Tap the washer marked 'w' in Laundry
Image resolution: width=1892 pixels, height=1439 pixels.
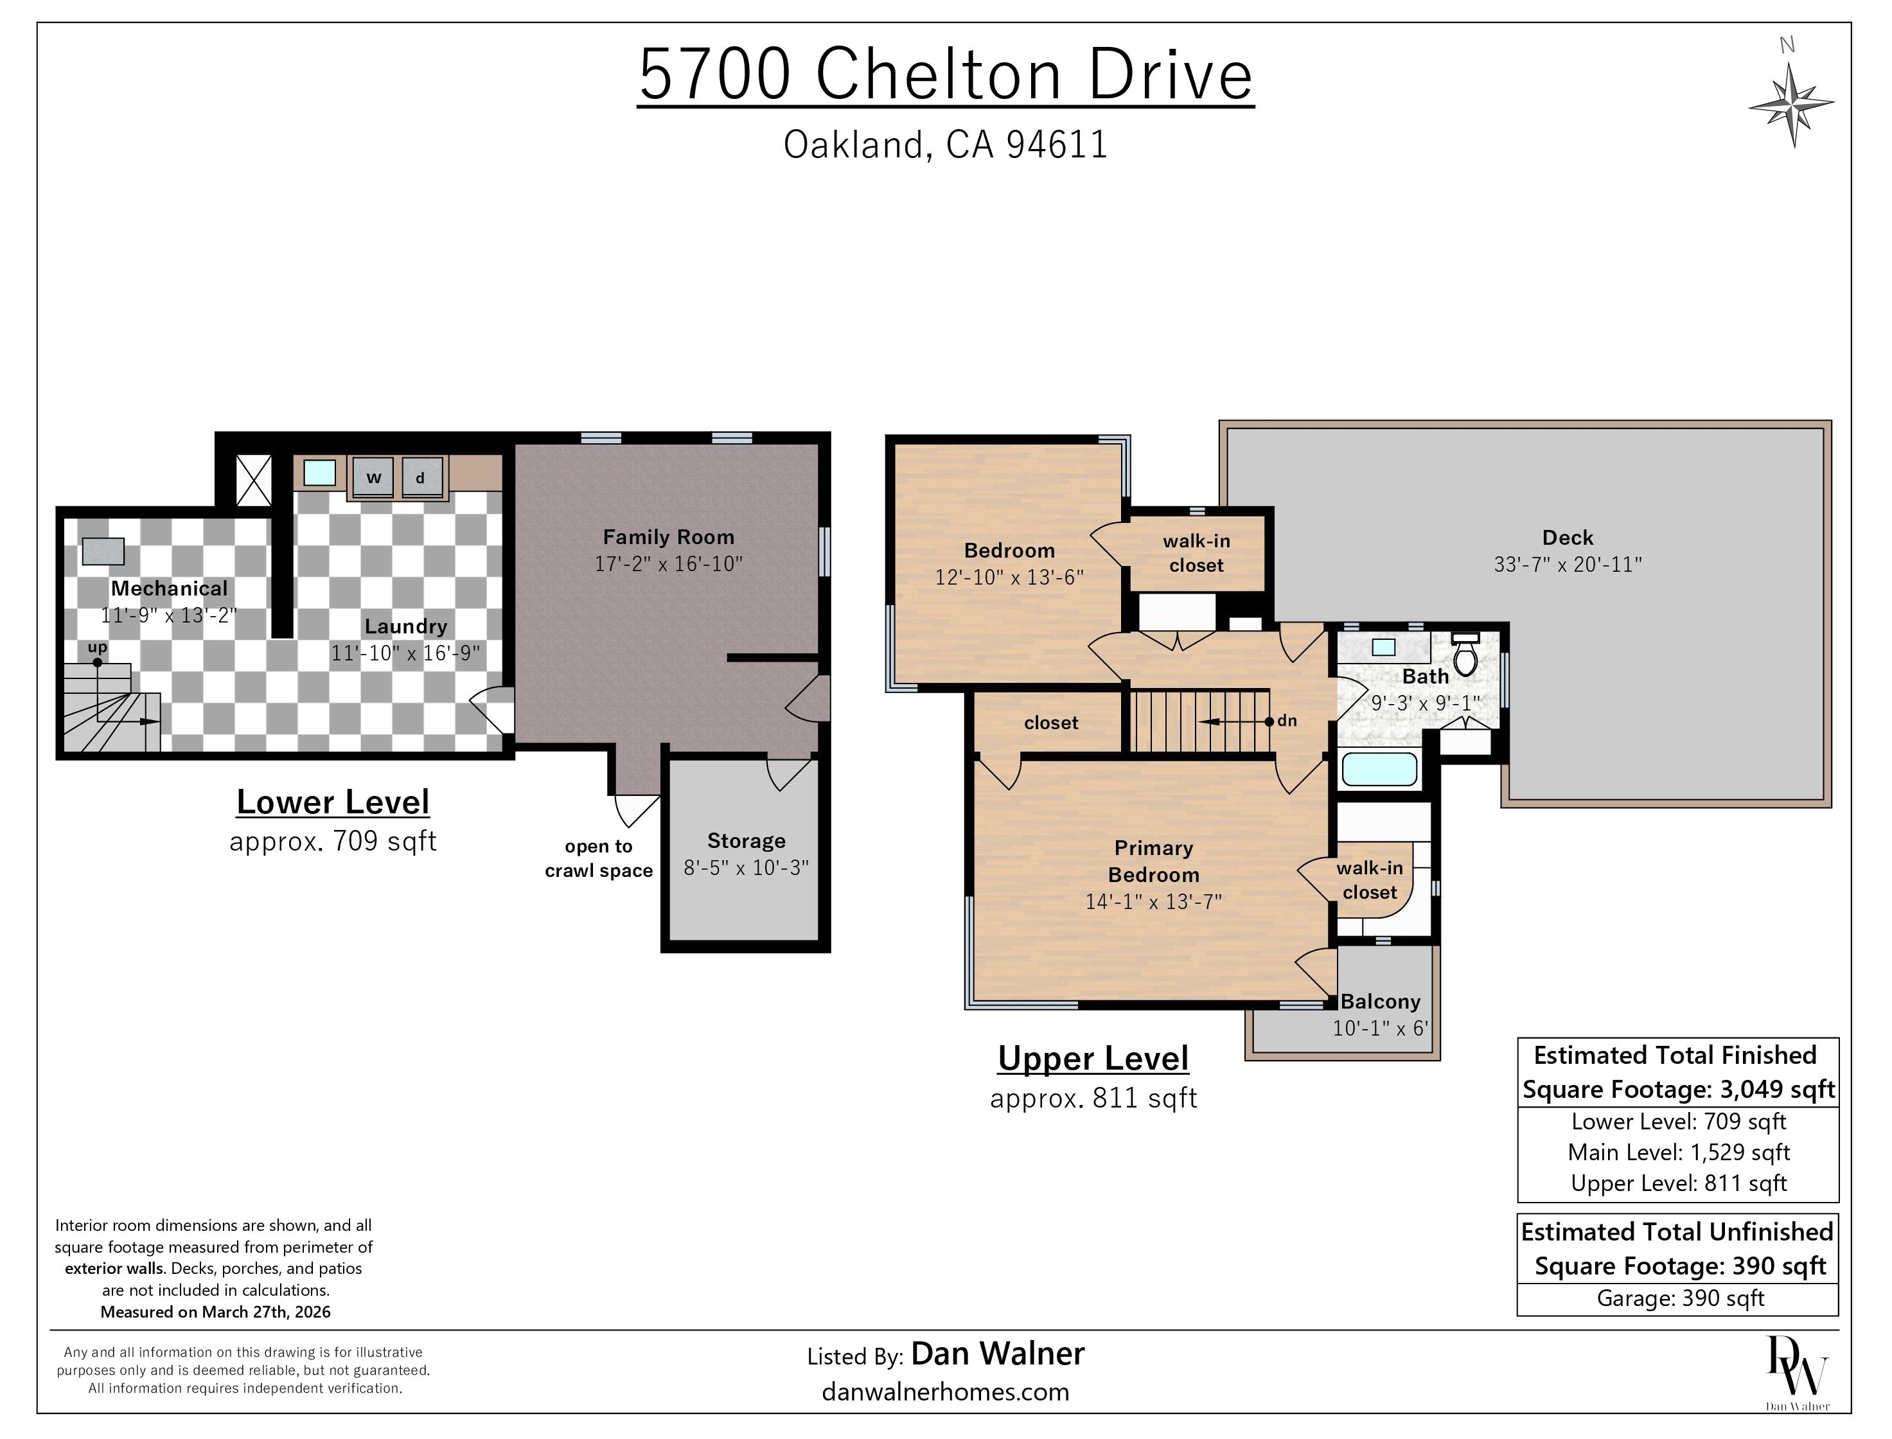[373, 477]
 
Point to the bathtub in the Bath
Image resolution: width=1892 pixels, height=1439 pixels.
[1379, 768]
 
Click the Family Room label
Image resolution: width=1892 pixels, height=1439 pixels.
[669, 537]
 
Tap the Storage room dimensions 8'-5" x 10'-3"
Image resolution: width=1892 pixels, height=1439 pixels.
[746, 868]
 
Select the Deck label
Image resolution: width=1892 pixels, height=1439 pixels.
[1568, 537]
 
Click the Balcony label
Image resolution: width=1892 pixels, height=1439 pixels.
[1380, 1002]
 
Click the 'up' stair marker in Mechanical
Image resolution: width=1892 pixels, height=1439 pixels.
[97, 648]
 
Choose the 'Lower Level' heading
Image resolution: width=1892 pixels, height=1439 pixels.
[333, 802]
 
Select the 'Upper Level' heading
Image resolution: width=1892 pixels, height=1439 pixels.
[1093, 1059]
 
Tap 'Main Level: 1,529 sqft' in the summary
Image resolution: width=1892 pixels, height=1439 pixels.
[1679, 1152]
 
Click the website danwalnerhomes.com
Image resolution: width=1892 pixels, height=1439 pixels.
[946, 1392]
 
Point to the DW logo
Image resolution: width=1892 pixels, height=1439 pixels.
[1797, 1372]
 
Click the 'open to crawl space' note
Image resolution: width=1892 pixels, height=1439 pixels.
[599, 858]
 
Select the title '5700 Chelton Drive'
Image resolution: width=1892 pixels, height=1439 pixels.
[946, 74]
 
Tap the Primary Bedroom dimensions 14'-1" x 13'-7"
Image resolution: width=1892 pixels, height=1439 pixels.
[1154, 901]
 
